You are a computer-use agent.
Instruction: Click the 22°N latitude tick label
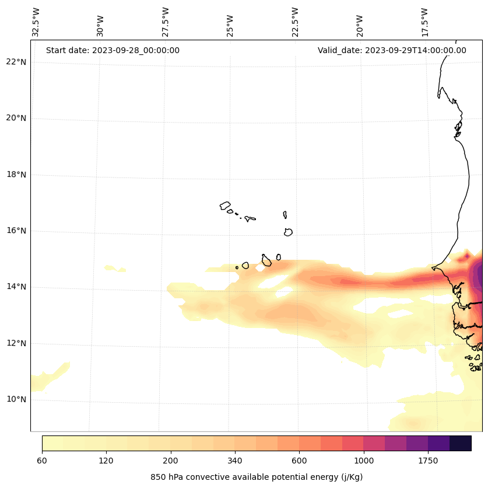[x=16, y=62]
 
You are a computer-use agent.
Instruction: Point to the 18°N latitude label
[x=16, y=175]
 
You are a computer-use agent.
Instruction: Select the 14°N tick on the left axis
[x=16, y=287]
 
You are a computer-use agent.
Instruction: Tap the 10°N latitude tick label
[x=16, y=399]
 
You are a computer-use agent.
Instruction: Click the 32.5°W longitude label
[x=36, y=22]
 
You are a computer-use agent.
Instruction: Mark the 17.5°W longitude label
[x=424, y=22]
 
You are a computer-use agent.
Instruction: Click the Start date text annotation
[x=113, y=50]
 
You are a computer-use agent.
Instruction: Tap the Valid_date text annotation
[x=392, y=50]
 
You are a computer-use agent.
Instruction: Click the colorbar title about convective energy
[x=257, y=477]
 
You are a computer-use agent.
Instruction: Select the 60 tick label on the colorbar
[x=42, y=461]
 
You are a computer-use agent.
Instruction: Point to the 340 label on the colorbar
[x=235, y=461]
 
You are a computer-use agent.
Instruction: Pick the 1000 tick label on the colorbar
[x=364, y=461]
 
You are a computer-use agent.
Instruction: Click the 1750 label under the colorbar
[x=428, y=461]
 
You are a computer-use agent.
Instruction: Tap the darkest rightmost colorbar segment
[x=461, y=443]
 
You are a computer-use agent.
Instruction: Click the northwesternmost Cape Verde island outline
[x=225, y=205]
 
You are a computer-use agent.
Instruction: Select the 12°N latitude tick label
[x=16, y=343]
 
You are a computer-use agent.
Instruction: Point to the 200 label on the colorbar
[x=171, y=461]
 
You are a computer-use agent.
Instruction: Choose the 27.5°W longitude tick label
[x=166, y=22]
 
